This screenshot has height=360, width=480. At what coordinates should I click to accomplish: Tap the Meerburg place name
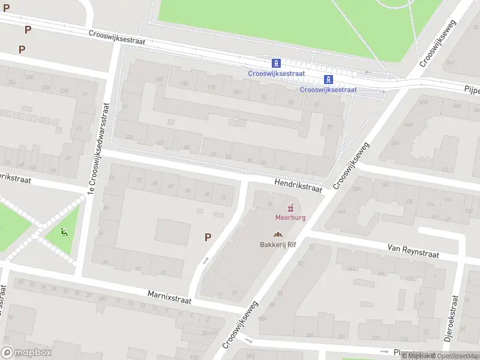click(290, 217)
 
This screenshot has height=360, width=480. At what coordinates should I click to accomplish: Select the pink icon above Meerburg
click(291, 208)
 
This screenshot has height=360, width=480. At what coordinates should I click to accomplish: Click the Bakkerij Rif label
click(279, 244)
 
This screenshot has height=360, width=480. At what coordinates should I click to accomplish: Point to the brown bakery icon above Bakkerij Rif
click(278, 235)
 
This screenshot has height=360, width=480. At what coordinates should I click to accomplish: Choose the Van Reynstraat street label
click(413, 251)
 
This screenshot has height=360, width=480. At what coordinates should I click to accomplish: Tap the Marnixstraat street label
click(169, 296)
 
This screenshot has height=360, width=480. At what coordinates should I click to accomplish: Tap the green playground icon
click(64, 231)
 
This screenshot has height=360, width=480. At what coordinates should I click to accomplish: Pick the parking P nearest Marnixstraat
click(208, 237)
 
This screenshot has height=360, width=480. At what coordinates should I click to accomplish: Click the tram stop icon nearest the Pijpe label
click(328, 79)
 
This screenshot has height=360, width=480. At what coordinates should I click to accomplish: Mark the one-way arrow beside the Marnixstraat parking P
click(206, 260)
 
